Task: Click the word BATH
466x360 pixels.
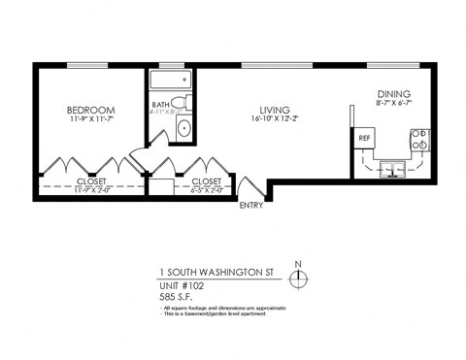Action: pyautogui.click(x=161, y=105)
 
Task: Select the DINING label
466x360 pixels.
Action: pyautogui.click(x=394, y=94)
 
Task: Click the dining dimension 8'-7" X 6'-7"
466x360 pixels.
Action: pyautogui.click(x=394, y=104)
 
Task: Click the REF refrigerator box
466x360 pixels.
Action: pyautogui.click(x=365, y=138)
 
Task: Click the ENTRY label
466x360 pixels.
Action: pyautogui.click(x=250, y=204)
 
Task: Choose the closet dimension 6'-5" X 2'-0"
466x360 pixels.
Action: pyautogui.click(x=207, y=189)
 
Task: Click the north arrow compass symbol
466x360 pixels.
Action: pyautogui.click(x=299, y=279)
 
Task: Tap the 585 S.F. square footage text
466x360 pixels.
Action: pyautogui.click(x=175, y=297)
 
